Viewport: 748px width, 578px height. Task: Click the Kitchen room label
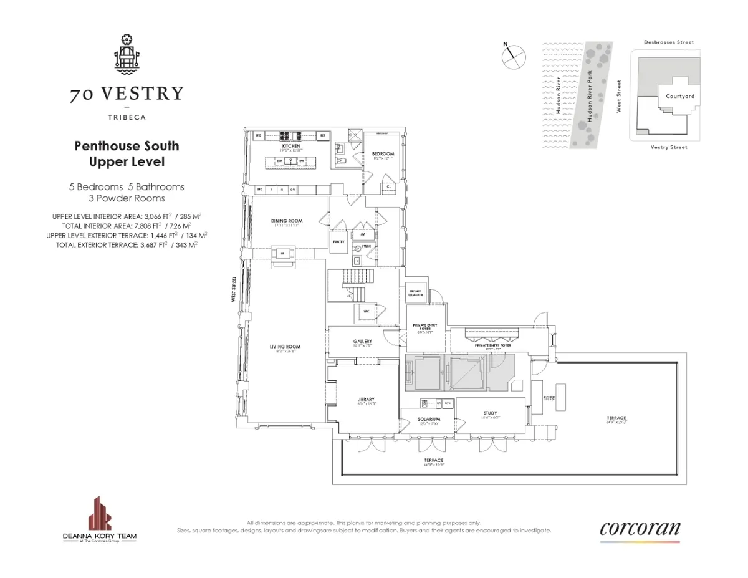(291, 146)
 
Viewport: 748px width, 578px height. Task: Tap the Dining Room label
(287, 221)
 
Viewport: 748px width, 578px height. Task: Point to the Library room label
(365, 400)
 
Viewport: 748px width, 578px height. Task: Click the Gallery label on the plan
(362, 341)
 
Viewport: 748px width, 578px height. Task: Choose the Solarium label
(429, 419)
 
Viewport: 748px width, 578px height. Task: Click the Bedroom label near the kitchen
(383, 153)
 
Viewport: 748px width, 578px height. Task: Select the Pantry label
(338, 241)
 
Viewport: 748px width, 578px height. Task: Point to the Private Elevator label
(416, 292)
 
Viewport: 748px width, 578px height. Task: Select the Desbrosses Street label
(668, 42)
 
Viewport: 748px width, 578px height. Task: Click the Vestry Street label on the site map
(668, 147)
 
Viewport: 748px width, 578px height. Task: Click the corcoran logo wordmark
(640, 529)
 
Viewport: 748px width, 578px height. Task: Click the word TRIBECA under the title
(126, 116)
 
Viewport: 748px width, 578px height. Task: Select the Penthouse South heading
(127, 146)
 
